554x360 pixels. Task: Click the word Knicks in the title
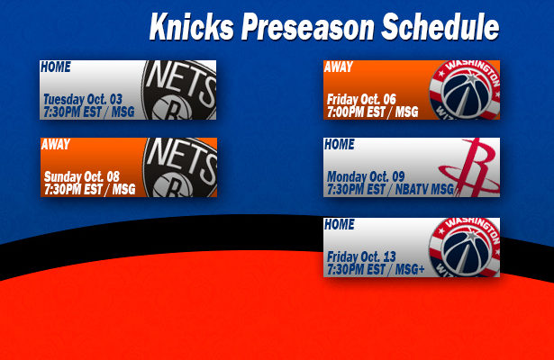191,27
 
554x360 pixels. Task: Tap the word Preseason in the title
307,27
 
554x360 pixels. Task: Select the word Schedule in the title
440,26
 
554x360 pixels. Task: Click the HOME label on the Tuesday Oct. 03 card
56,67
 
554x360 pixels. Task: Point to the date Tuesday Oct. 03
83,100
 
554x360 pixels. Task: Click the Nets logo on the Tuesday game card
178,90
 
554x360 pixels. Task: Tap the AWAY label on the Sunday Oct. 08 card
56,144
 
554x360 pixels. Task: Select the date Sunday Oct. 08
82,176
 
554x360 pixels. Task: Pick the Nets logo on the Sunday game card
180,167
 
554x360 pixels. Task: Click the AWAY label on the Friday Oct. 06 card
339,67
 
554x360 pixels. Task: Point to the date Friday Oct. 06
361,100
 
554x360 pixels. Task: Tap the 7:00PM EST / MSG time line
372,112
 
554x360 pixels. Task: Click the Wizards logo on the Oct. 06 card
464,90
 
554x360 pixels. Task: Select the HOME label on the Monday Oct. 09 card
340,144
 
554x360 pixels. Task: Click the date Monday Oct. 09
366,176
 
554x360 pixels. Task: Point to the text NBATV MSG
424,190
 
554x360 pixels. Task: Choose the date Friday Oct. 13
361,256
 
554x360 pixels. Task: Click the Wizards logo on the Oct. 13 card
464,247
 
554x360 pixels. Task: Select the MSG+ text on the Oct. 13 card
410,270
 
